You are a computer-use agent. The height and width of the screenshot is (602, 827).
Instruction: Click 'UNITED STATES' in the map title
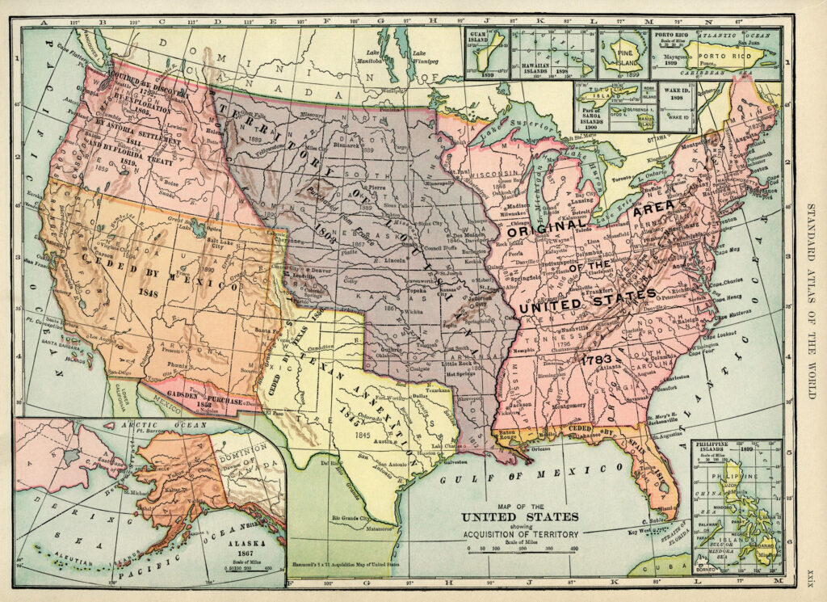point(520,516)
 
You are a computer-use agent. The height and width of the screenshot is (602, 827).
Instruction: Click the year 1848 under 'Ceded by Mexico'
point(147,293)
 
